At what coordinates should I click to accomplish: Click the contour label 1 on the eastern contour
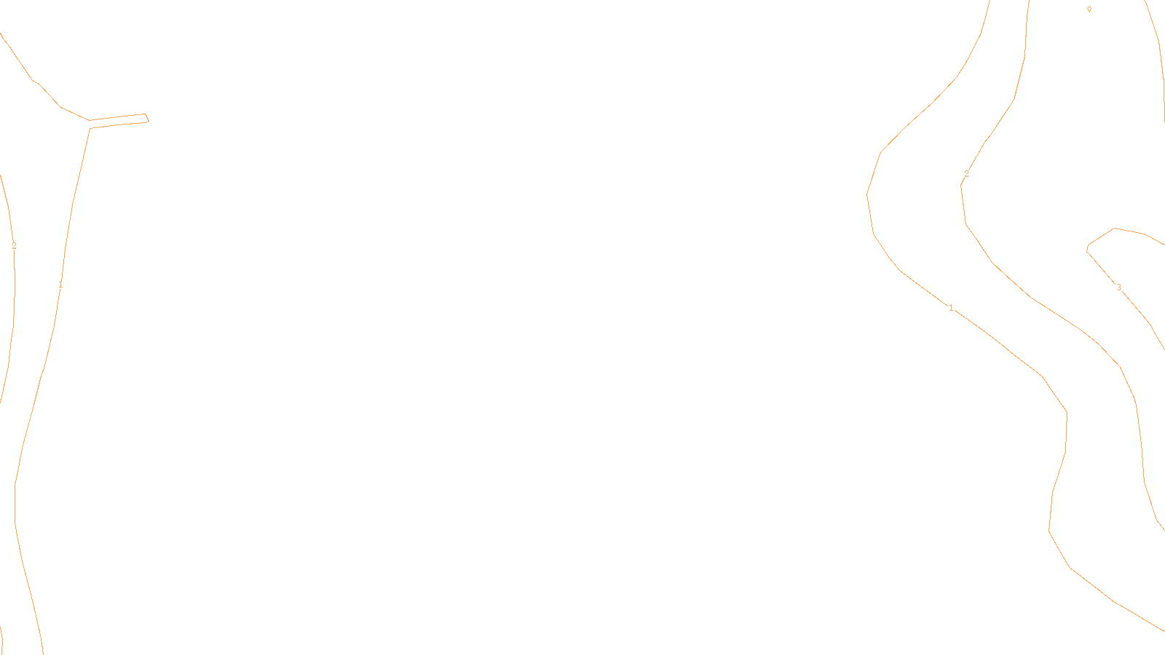(x=951, y=308)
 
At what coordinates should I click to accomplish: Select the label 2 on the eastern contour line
(x=966, y=174)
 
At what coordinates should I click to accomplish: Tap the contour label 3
(x=1119, y=287)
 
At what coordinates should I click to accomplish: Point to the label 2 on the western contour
(x=14, y=246)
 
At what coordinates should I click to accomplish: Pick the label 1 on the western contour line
(x=60, y=285)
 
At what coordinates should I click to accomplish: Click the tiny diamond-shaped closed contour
(x=1089, y=9)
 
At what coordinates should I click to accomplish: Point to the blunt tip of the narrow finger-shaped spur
(x=148, y=118)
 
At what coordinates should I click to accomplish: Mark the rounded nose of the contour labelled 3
(x=1088, y=247)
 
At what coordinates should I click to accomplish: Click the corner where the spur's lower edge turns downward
(x=90, y=128)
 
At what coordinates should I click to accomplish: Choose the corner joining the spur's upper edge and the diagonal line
(x=90, y=120)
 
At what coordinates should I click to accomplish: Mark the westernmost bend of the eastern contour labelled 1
(x=867, y=194)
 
